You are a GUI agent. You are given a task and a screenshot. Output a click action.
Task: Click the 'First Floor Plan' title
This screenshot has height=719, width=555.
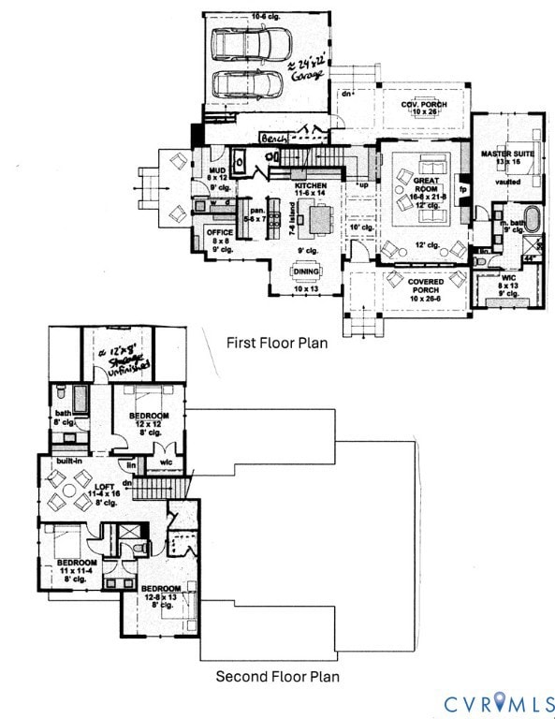click(x=277, y=343)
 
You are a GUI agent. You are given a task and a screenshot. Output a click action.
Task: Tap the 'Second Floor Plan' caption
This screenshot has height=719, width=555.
click(x=277, y=676)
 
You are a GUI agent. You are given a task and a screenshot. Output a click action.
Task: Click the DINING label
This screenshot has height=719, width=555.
click(x=306, y=271)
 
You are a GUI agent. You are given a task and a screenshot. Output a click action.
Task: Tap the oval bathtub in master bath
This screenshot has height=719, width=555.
click(x=531, y=220)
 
